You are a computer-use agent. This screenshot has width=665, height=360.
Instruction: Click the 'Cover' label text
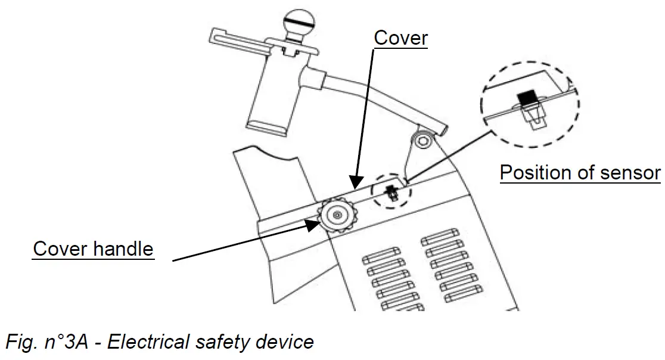tap(400, 38)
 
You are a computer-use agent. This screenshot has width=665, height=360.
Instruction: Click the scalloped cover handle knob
tap(337, 215)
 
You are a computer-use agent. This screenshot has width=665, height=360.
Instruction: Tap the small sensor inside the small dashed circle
tap(390, 192)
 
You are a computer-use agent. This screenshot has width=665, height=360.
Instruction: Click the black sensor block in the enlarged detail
tap(526, 97)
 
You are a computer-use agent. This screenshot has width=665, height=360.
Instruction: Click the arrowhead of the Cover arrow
tap(355, 182)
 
